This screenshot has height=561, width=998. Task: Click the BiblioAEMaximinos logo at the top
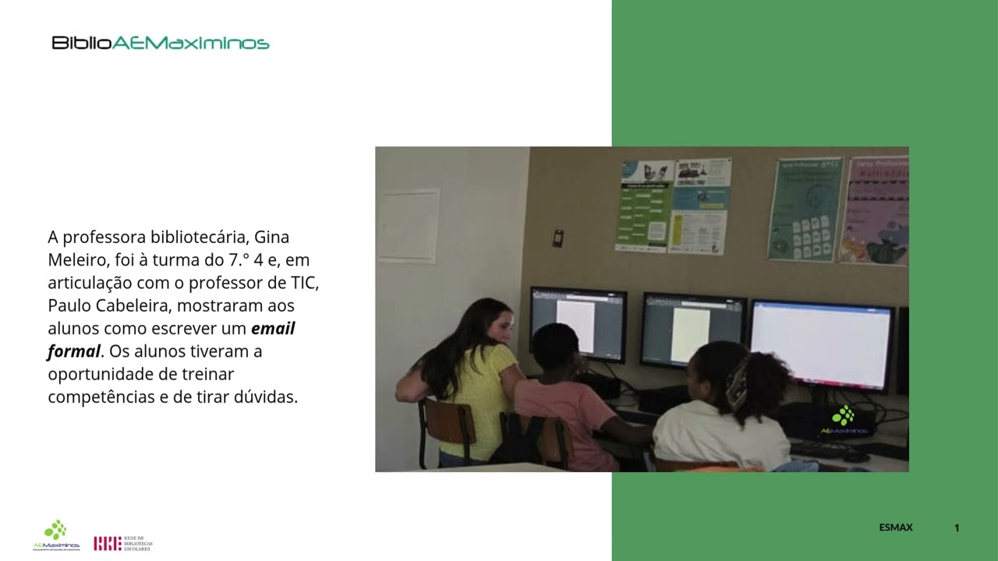tap(161, 43)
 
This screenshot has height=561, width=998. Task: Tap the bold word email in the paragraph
tap(273, 329)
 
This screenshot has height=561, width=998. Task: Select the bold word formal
tap(74, 351)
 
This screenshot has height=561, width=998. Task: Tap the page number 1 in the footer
tap(957, 527)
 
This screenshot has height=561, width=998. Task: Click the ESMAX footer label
tap(895, 527)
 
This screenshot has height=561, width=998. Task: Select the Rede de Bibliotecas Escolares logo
tap(123, 543)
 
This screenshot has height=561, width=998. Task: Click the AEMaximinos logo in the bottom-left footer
tap(56, 535)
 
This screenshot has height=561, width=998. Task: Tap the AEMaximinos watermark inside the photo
tap(844, 421)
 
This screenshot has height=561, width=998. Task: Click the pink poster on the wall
tap(875, 210)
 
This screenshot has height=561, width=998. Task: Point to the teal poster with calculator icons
tap(805, 209)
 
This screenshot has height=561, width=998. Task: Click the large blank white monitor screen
tap(821, 344)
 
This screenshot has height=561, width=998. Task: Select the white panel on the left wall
tap(408, 226)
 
